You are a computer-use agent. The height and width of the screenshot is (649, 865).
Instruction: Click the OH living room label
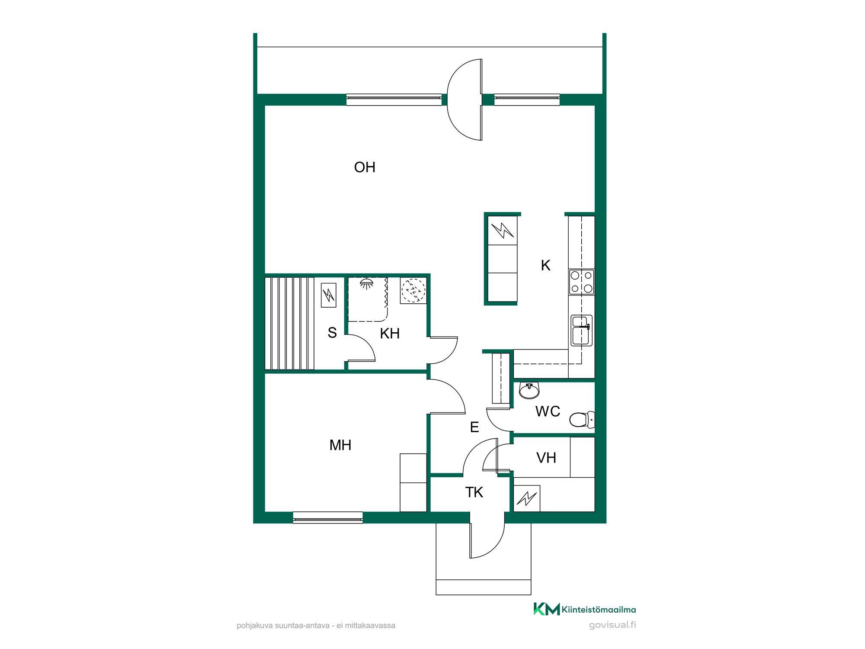tap(365, 167)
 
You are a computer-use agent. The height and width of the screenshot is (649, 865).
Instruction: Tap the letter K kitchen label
tap(546, 265)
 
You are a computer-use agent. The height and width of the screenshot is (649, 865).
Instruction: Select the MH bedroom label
tap(340, 445)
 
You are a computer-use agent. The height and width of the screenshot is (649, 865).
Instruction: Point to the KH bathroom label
tap(390, 334)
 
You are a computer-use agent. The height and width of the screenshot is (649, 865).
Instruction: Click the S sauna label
tap(332, 333)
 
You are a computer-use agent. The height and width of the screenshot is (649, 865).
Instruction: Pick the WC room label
tap(548, 411)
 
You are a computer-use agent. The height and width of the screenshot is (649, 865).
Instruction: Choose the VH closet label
tap(546, 458)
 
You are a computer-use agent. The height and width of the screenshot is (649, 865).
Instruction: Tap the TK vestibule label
tap(474, 492)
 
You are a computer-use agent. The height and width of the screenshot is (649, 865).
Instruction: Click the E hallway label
tap(474, 427)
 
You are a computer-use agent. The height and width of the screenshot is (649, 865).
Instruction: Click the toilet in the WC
tap(582, 419)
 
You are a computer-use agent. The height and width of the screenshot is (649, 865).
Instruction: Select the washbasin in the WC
tap(529, 391)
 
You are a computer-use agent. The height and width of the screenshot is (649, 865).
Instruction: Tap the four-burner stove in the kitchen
tap(582, 282)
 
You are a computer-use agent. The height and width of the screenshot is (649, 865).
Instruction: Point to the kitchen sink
tap(581, 331)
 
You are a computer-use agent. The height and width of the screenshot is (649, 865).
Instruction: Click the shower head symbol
tap(367, 284)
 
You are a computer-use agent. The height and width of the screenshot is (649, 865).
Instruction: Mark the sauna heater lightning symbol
tap(329, 295)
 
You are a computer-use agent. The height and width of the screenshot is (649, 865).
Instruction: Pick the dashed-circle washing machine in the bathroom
tap(413, 290)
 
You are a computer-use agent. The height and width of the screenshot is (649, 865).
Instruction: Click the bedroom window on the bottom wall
tap(328, 517)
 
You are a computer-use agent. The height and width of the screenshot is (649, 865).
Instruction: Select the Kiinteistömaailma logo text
tap(599, 610)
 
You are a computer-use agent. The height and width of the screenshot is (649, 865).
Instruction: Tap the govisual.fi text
tap(612, 625)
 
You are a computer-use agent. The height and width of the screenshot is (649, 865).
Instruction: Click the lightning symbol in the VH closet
tap(527, 498)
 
